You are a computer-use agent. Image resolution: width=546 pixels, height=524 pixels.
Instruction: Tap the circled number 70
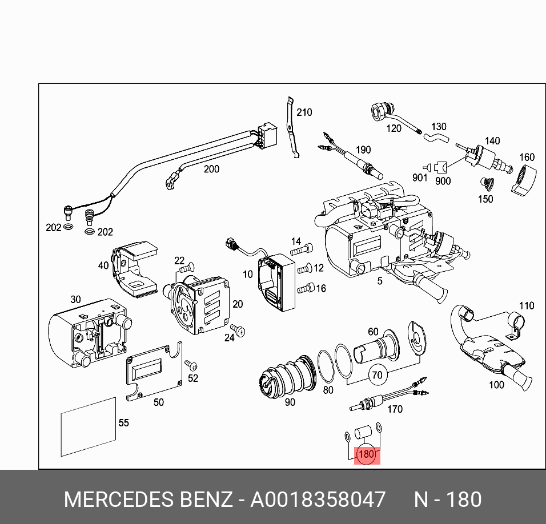click(377, 375)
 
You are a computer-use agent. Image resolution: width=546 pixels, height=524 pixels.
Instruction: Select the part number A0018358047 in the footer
click(318, 499)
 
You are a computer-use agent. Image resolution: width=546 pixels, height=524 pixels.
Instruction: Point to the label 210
click(304, 112)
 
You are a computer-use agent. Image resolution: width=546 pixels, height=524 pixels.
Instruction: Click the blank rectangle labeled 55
click(88, 430)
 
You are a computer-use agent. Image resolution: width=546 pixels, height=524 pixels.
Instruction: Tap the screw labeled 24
click(240, 330)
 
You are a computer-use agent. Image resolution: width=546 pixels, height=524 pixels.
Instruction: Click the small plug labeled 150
click(486, 184)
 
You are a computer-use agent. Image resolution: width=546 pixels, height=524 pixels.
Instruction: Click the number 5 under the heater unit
click(379, 281)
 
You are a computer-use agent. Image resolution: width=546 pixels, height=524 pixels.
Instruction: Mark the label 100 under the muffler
click(496, 385)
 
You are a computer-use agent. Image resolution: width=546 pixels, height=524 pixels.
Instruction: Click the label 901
click(420, 178)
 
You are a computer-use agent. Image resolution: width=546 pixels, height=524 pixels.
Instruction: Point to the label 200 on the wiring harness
click(211, 169)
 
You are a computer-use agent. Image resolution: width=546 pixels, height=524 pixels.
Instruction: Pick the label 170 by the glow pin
click(395, 409)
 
